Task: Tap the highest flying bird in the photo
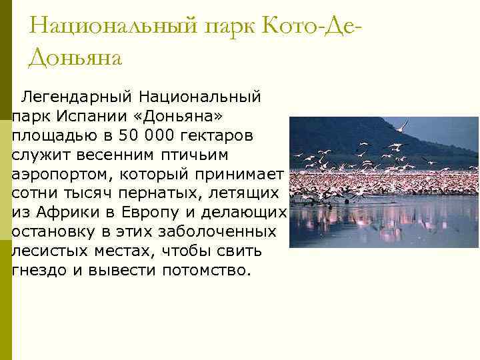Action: [x=401, y=125]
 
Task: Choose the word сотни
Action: [x=37, y=194]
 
